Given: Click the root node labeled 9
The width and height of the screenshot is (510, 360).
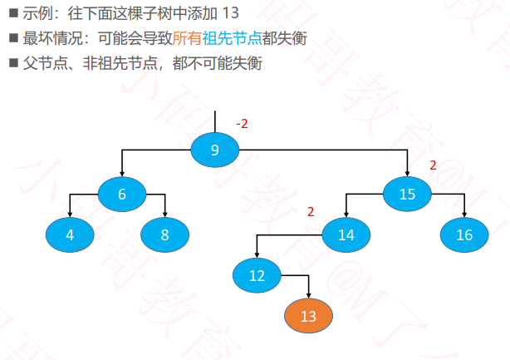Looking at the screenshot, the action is click(x=214, y=150).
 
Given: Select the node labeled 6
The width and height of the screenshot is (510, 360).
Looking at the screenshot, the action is click(x=122, y=194).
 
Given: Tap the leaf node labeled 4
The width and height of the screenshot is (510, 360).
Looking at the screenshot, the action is click(x=70, y=234).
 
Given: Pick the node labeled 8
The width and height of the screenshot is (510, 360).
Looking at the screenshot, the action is click(x=165, y=234).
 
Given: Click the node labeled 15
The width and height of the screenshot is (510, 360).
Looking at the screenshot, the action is click(x=407, y=194).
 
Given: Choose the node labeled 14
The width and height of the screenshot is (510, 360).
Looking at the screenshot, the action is click(x=346, y=234).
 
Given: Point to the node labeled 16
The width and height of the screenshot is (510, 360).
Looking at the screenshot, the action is click(x=464, y=234).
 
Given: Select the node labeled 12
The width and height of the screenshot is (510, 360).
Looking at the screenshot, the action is click(x=257, y=275).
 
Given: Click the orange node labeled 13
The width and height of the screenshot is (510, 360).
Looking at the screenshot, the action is click(x=308, y=316).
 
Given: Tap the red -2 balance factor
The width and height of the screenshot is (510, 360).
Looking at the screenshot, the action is click(x=242, y=124).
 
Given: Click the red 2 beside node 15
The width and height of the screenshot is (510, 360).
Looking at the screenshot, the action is click(x=433, y=165).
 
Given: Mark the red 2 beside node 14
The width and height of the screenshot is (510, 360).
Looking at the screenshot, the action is click(x=311, y=212).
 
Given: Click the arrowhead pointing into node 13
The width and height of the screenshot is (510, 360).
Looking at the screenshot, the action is click(x=308, y=296).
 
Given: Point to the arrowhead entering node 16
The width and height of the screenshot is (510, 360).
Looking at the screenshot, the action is click(x=464, y=215).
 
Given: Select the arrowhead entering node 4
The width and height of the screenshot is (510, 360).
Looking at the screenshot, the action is click(x=70, y=215).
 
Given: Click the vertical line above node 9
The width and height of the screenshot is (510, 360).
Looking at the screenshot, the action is click(x=214, y=121).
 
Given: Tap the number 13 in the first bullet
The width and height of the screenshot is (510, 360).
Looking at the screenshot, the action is click(x=230, y=13).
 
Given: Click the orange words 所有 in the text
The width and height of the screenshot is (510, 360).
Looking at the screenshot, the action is click(x=187, y=38).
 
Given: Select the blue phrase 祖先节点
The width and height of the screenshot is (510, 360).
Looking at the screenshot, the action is click(x=233, y=38).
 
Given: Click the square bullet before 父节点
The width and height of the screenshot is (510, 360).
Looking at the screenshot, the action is click(x=13, y=62).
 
